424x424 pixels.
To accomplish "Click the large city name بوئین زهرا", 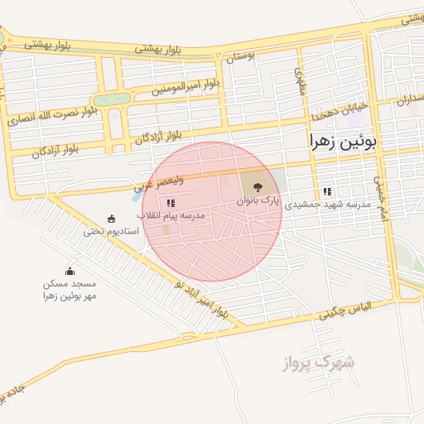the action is pyautogui.click(x=343, y=142).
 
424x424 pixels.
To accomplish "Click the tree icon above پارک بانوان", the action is pyautogui.click(x=255, y=185).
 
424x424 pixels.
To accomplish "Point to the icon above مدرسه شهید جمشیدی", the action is pyautogui.click(x=327, y=191).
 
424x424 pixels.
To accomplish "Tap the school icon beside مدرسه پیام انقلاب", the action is pyautogui.click(x=171, y=202).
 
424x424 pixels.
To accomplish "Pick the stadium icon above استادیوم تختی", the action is pyautogui.click(x=111, y=219).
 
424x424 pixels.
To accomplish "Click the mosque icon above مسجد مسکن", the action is pyautogui.click(x=70, y=270).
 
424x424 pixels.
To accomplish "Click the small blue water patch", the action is pyautogui.click(x=137, y=197).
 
